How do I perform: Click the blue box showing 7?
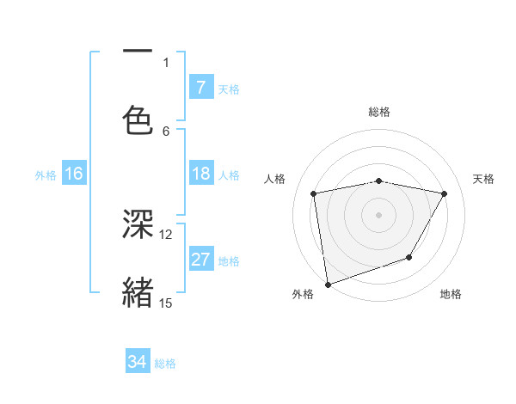point(201,88)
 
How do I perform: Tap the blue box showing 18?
point(201,174)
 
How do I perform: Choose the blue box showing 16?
point(74,174)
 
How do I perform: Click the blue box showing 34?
point(138,363)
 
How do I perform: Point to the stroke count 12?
point(166,234)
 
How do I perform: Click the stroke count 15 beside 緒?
point(166,303)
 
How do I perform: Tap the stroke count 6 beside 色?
point(166,130)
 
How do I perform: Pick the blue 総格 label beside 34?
point(165,364)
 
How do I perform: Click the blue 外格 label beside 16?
point(46,175)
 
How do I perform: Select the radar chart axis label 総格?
point(378,112)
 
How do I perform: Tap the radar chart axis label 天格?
point(483,179)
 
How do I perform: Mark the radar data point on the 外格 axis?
point(328,284)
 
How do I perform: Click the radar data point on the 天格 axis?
point(445,193)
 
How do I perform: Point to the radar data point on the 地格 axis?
point(409,257)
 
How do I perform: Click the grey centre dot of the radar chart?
point(378,214)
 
